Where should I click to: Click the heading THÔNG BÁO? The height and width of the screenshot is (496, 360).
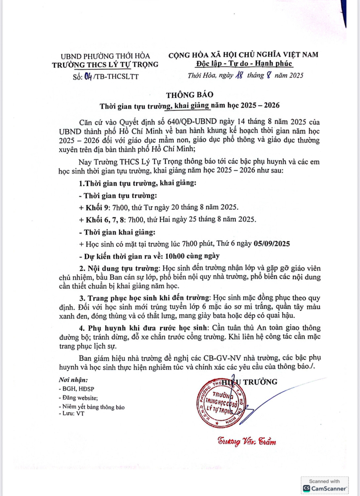[x=190, y=95]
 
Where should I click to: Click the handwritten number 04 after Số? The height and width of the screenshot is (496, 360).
[x=88, y=77]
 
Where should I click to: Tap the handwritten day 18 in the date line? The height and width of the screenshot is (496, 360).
[x=239, y=75]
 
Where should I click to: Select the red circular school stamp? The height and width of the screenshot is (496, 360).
[x=220, y=403]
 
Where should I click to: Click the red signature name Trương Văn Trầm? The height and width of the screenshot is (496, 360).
[x=247, y=441]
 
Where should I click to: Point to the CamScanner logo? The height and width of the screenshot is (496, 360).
[x=325, y=488]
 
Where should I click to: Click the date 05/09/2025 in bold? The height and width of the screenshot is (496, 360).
[x=272, y=244]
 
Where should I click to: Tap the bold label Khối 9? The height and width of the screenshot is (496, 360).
[x=97, y=208]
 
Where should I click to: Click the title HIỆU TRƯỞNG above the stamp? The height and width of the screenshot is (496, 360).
[x=249, y=382]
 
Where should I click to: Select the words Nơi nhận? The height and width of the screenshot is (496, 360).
[x=73, y=380]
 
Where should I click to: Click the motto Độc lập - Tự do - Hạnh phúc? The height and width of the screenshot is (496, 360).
[x=244, y=63]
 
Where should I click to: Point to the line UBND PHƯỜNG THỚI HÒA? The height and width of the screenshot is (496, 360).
[x=105, y=56]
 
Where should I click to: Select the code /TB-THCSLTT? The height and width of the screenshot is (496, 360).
[x=116, y=77]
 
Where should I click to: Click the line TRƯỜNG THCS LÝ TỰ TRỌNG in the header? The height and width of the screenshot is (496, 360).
[x=105, y=65]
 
